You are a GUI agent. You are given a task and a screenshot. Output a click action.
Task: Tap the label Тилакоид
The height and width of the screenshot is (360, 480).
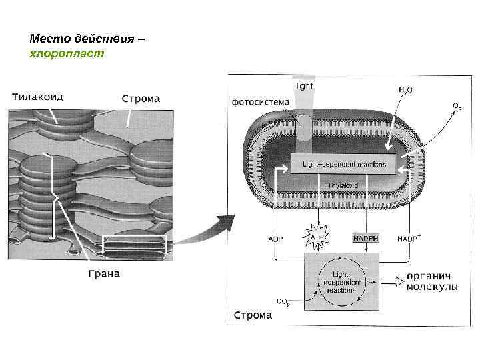(x=37, y=96)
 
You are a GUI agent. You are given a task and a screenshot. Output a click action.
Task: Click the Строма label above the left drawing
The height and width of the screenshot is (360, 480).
(x=140, y=99)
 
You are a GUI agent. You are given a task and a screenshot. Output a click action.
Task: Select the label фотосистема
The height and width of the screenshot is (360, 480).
(x=261, y=102)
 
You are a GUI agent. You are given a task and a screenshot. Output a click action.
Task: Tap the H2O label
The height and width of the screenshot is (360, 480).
(x=405, y=90)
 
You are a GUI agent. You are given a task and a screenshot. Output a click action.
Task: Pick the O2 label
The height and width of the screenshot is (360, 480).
(x=457, y=106)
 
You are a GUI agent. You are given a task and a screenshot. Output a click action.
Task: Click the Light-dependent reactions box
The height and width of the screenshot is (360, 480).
(x=343, y=163)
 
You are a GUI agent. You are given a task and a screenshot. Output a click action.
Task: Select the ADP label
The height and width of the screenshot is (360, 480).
(x=275, y=238)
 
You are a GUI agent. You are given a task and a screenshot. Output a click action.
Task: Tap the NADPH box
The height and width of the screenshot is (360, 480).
(x=365, y=238)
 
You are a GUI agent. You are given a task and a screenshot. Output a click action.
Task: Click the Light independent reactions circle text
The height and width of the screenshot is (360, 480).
(x=341, y=281)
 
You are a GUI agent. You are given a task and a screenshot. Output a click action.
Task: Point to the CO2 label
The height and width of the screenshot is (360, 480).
(x=283, y=301)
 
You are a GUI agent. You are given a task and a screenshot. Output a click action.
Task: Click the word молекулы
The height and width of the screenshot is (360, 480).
(x=433, y=287)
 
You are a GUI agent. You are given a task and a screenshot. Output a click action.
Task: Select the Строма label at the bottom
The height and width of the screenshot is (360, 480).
(x=252, y=315)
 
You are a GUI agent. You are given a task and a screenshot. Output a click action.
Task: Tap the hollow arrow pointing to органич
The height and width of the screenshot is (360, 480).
(x=391, y=282)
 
